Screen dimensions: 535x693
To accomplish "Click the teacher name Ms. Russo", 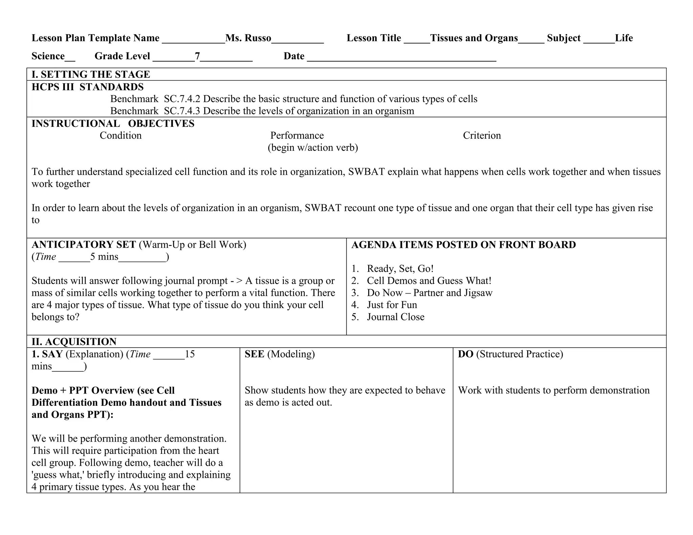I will [x=248, y=38].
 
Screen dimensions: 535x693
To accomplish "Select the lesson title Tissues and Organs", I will [x=474, y=38].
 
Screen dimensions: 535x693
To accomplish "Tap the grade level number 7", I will [x=197, y=56].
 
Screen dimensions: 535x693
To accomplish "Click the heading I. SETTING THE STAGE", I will [x=91, y=74].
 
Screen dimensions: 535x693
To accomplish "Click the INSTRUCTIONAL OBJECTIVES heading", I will [x=113, y=124].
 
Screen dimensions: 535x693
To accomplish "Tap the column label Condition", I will [x=120, y=136].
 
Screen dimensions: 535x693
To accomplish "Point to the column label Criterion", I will [x=482, y=136].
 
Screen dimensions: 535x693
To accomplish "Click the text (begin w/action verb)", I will [x=313, y=148].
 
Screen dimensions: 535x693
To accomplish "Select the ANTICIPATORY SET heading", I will [x=84, y=245].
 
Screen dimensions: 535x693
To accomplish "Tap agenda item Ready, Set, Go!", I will [x=400, y=269].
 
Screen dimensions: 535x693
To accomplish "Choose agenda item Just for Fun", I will [x=392, y=305].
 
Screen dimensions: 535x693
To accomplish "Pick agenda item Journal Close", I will [x=395, y=317].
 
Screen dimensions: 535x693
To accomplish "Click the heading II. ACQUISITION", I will [x=74, y=342].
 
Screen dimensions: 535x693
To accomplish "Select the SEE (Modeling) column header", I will [x=280, y=354].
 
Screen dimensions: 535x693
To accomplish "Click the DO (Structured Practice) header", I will [x=510, y=354].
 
